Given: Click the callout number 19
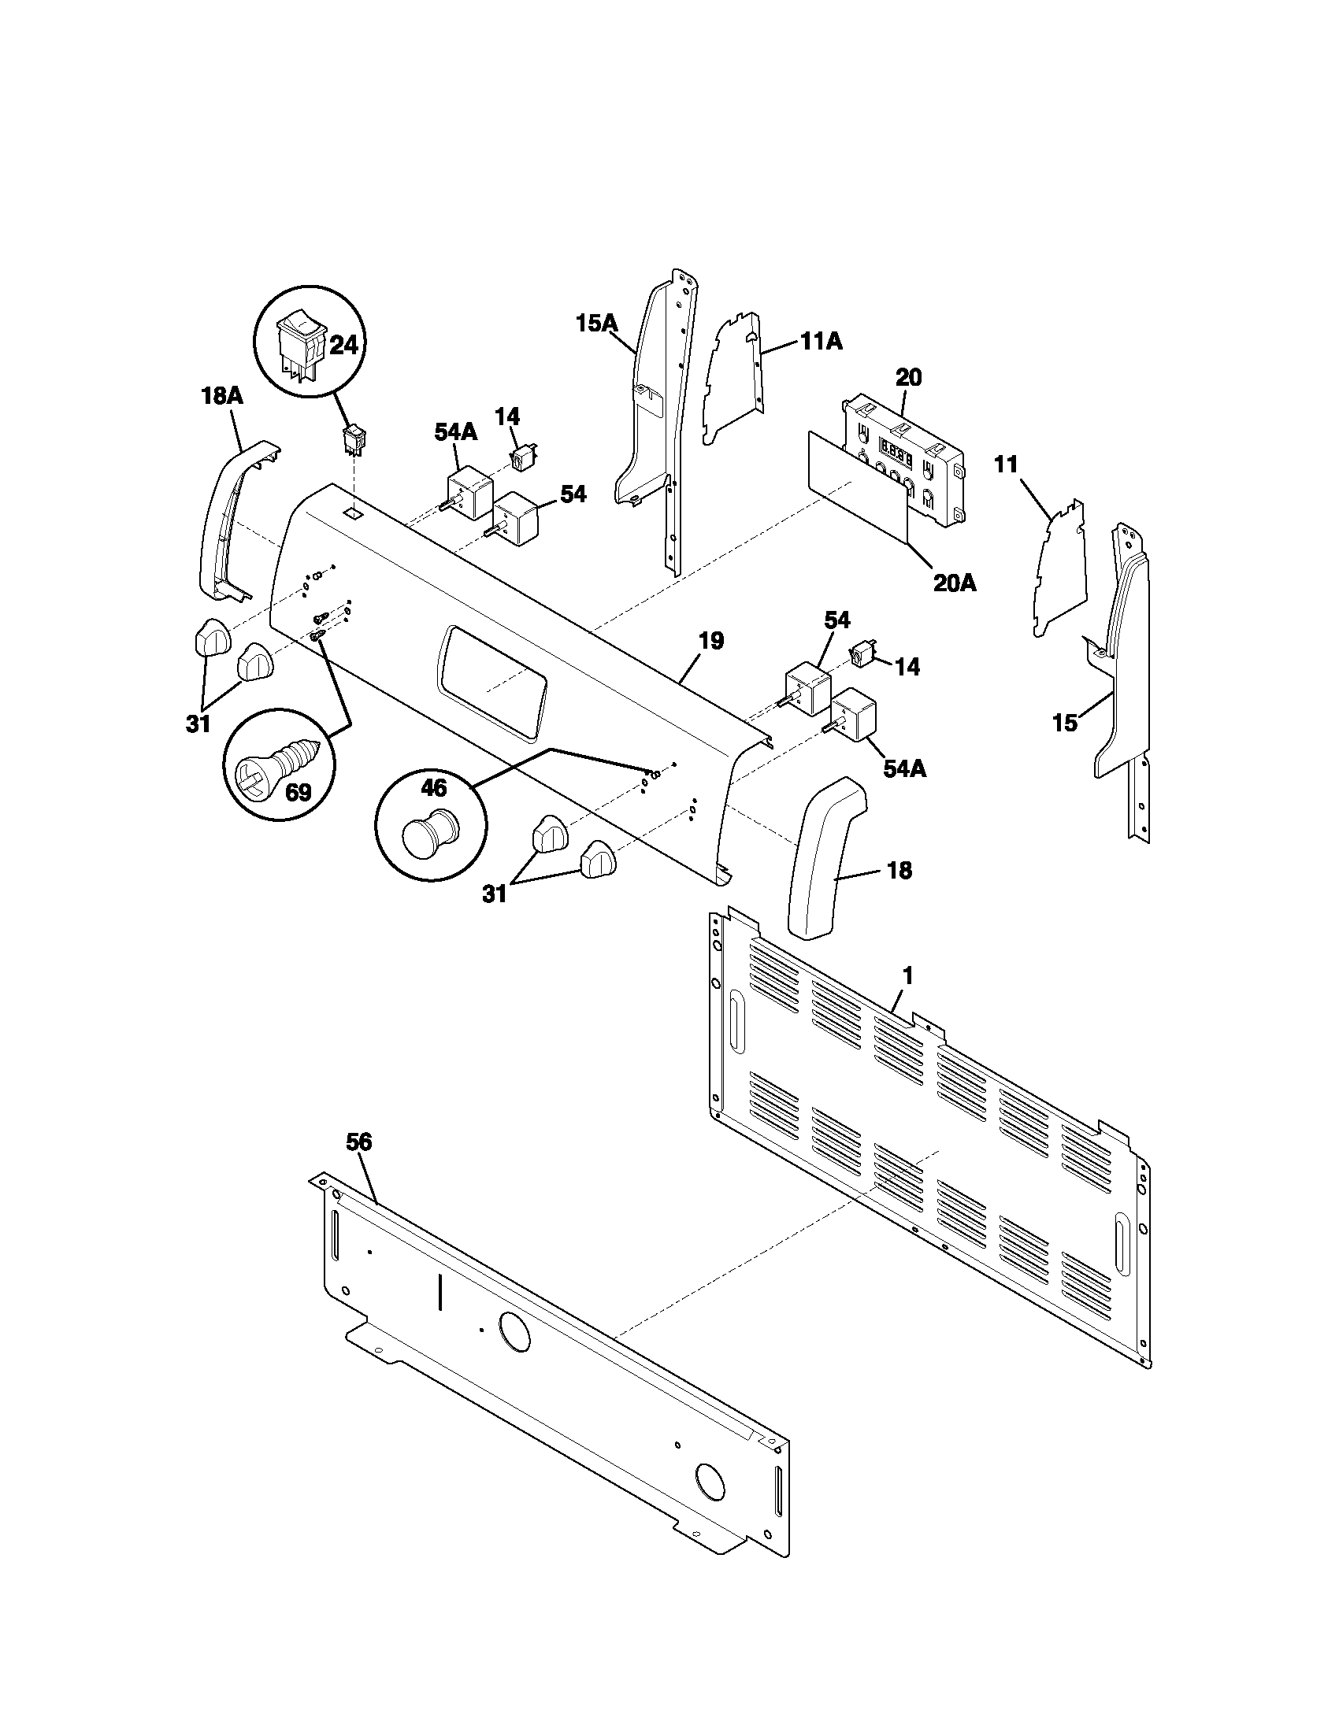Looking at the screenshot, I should click(710, 640).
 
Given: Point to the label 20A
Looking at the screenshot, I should click(955, 583).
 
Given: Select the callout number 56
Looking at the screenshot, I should click(358, 1142).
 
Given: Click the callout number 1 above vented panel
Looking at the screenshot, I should click(907, 975).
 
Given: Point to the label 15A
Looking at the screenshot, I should click(596, 324).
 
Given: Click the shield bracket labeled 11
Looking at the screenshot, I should click(1059, 567).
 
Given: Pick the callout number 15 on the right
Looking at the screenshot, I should click(1066, 723).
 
